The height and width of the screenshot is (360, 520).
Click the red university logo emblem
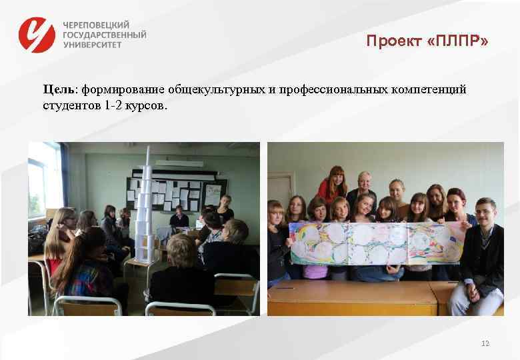[37, 34]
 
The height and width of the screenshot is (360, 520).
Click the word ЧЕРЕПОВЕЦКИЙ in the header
[96, 24]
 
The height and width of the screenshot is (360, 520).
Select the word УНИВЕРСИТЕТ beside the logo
[93, 45]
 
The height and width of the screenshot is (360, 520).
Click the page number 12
[485, 343]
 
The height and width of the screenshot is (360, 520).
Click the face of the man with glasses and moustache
[485, 211]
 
